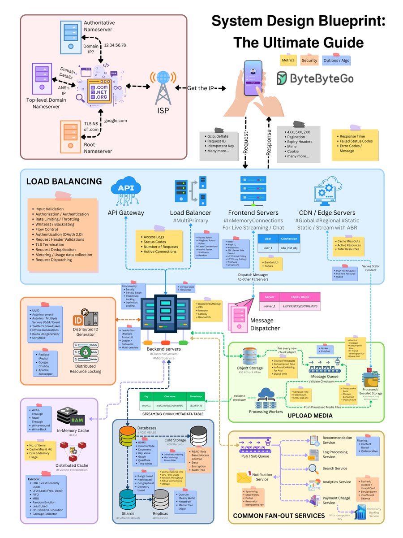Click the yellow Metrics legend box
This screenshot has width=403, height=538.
tap(288, 60)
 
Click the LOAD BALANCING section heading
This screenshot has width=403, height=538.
tap(64, 182)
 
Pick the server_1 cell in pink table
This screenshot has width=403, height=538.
tap(270, 306)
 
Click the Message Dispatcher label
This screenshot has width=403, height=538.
tap(265, 325)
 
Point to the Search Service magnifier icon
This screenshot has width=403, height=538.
tap(313, 469)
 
